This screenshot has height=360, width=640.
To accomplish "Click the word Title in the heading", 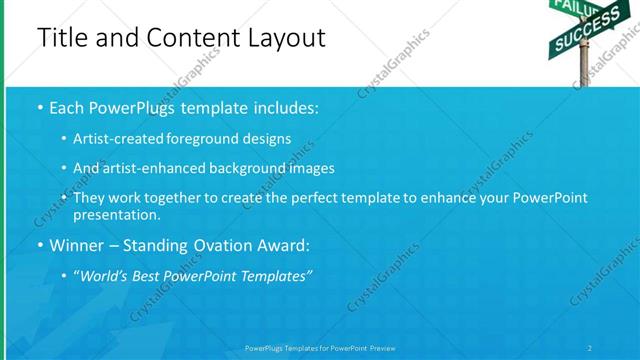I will point(62,38).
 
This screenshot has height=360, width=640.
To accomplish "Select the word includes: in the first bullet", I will point(286,107).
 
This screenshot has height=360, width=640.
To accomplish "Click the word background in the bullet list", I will point(250,168).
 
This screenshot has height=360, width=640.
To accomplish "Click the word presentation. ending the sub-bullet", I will point(116,214).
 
